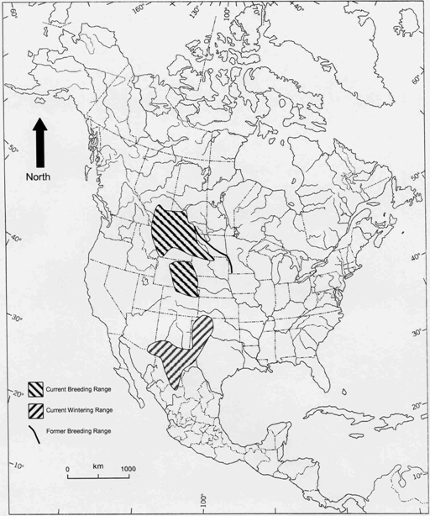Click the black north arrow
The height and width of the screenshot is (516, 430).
tap(39, 143)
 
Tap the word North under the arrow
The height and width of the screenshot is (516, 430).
tap(38, 177)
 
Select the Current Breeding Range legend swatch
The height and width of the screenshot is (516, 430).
tap(36, 390)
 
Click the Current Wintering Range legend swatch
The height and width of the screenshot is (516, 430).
tap(36, 410)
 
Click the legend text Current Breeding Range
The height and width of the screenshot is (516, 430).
tap(80, 390)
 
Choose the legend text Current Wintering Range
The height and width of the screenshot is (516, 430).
tap(81, 410)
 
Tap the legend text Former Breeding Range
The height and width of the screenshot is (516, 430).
tap(79, 431)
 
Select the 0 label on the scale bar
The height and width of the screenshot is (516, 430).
tap(67, 468)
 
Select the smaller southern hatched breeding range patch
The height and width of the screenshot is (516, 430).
tap(185, 280)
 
